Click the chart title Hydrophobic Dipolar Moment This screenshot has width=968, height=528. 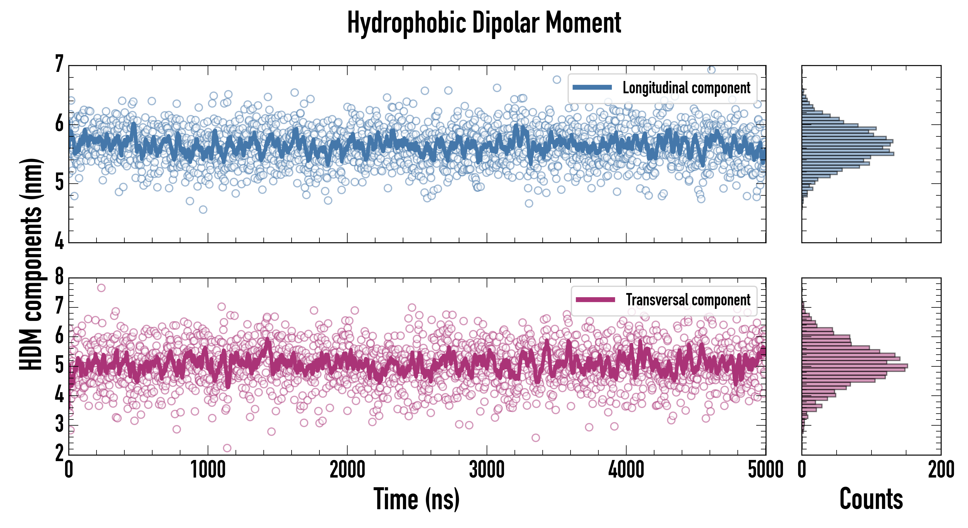(x=484, y=23)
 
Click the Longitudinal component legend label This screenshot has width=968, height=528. (x=686, y=88)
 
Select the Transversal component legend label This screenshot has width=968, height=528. (x=688, y=300)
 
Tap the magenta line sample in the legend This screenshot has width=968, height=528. (x=595, y=300)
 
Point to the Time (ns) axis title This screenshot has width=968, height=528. (x=416, y=499)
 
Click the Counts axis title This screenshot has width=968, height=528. (x=871, y=499)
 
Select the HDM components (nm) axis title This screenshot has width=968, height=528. (x=31, y=264)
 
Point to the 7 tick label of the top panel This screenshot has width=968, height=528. (x=59, y=64)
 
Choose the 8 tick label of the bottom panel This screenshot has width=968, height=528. (x=59, y=277)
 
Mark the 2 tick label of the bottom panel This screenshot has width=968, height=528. (x=59, y=453)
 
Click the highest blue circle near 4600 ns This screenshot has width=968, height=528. (x=711, y=70)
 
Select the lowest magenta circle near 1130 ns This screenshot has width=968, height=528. (x=227, y=448)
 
